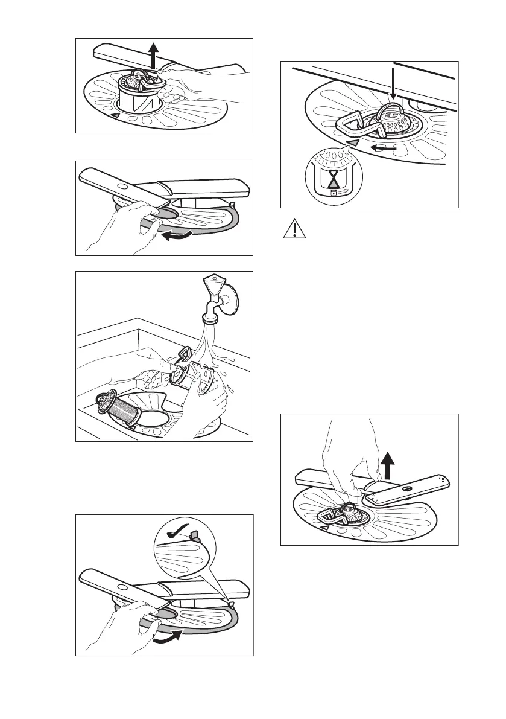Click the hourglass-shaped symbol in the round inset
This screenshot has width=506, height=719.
(333, 179)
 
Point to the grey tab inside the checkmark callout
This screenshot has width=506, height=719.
(195, 534)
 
